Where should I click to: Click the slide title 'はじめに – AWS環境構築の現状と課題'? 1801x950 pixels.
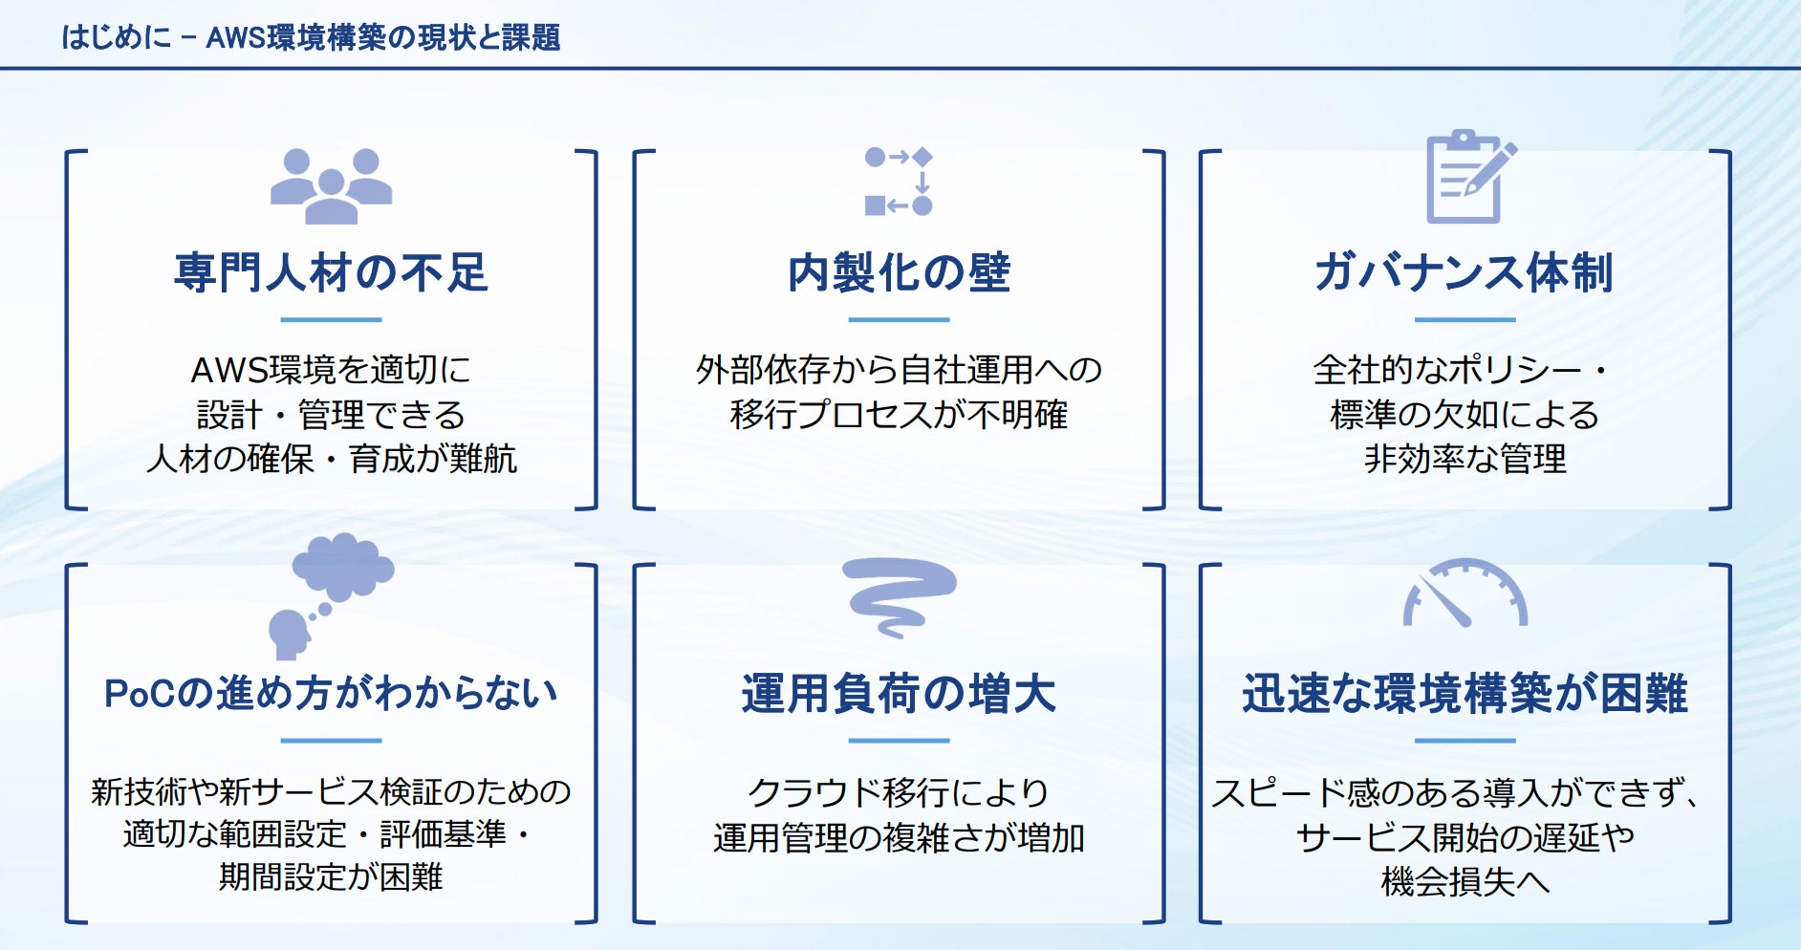[x=311, y=37]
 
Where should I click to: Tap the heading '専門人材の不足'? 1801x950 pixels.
[x=331, y=272]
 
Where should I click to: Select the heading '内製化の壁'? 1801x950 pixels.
[x=899, y=272]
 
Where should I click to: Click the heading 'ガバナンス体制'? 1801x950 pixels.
[x=1465, y=272]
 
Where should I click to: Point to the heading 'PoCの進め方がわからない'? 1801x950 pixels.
[x=331, y=694]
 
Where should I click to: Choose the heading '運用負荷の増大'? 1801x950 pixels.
[x=899, y=694]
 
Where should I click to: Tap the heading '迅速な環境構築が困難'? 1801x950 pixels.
[x=1465, y=694]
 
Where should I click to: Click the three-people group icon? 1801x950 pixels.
[x=331, y=186]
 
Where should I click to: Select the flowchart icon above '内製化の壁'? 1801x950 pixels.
[x=899, y=182]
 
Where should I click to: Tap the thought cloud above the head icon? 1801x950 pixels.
[x=343, y=566]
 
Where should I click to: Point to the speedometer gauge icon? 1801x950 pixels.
[x=1465, y=594]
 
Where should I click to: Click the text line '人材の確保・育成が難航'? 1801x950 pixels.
[x=331, y=460]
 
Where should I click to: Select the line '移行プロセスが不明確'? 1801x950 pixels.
[x=899, y=415]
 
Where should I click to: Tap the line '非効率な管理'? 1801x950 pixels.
[x=1465, y=460]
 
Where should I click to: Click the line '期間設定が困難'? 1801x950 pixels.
[x=331, y=876]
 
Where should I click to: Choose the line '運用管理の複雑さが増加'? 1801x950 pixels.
[x=899, y=838]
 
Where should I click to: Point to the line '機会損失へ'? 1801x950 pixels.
[x=1465, y=881]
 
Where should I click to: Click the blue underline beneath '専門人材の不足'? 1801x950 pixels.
[x=331, y=320]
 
